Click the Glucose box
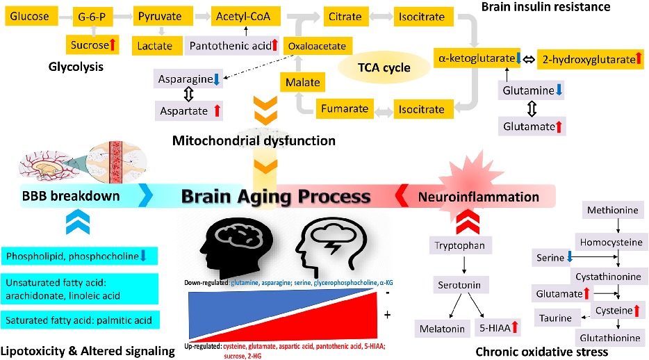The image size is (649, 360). pos(30,15)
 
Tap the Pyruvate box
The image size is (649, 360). pos(161,15)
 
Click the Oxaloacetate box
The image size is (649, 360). pos(317,46)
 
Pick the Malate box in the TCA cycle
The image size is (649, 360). pos(303,83)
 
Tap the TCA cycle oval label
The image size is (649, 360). pos(384,67)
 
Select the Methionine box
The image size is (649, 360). pos(614,210)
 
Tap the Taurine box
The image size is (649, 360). pos(557,318)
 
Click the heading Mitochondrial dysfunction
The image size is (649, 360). pos(254,141)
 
